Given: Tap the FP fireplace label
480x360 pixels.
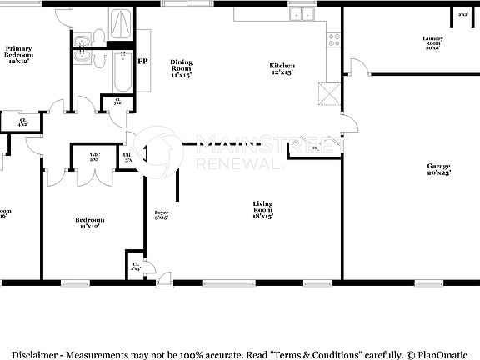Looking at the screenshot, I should [142, 62].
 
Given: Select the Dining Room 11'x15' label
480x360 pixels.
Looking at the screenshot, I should [181, 68].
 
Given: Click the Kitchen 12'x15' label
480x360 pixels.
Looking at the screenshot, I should [282, 70].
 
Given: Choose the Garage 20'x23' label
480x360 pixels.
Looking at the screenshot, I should [438, 169].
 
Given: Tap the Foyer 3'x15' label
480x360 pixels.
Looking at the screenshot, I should [162, 215].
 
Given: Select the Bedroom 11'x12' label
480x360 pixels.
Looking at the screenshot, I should [91, 222].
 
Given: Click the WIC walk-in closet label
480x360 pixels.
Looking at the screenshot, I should [95, 156].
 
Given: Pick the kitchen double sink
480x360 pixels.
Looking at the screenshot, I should [301, 14].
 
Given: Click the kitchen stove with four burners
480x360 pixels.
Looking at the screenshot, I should [334, 36].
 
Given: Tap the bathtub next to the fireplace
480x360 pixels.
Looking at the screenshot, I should [122, 72].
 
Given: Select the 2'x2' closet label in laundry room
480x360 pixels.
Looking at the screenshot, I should [462, 14].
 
